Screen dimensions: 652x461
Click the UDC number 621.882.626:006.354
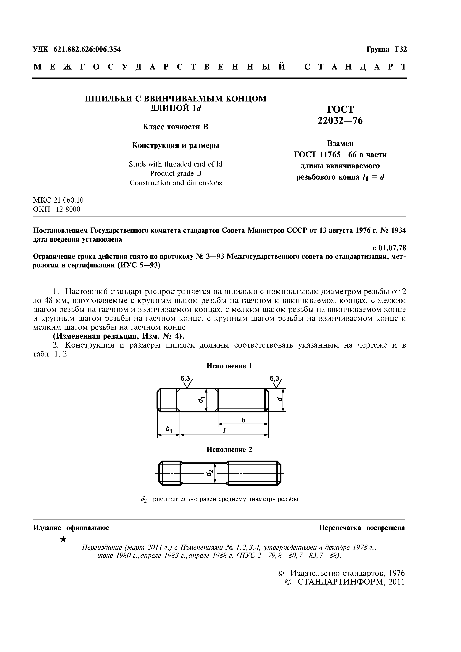tap(87, 49)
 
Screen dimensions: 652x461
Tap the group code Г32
tap(401, 49)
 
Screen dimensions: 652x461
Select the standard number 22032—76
tap(340, 121)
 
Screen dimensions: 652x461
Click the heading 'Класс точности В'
tap(175, 127)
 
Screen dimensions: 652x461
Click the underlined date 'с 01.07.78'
tap(389, 248)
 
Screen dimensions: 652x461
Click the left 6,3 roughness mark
tap(185, 379)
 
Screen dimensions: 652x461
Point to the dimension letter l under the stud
tap(224, 430)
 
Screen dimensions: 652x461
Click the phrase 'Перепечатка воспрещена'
tap(362, 528)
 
